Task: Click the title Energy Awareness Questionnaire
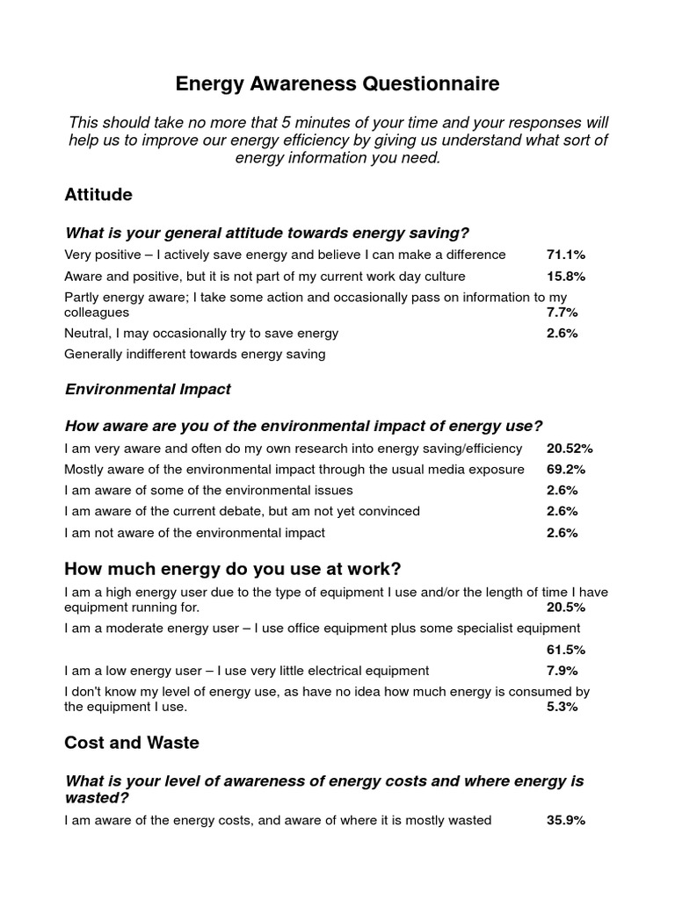337,84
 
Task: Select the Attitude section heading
98,195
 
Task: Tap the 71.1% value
566,255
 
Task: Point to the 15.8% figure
566,276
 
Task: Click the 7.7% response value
562,312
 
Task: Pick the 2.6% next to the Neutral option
562,334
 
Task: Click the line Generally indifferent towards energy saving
195,355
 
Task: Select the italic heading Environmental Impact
148,389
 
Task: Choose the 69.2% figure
566,470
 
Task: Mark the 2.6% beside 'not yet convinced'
562,511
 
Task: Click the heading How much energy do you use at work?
232,569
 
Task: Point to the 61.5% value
566,650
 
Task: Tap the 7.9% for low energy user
562,671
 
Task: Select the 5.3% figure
562,707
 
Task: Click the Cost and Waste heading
132,743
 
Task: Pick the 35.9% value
566,821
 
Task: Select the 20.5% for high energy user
566,608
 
